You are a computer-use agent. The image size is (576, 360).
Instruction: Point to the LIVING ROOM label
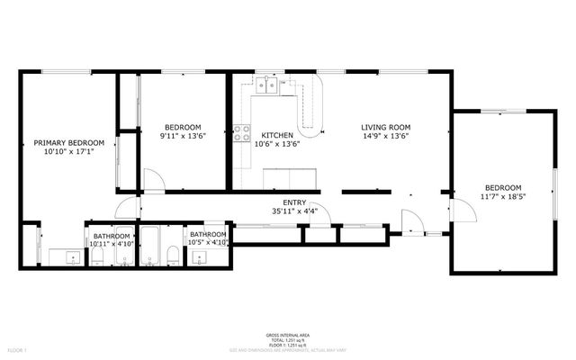click(x=386, y=128)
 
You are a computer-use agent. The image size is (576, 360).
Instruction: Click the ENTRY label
click(x=293, y=202)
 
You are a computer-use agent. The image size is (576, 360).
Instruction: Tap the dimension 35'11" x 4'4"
click(x=293, y=211)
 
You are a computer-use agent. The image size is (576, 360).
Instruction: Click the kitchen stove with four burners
click(x=241, y=134)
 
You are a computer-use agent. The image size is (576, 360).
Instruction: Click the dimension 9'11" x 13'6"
click(x=183, y=136)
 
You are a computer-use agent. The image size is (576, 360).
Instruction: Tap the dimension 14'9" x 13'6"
click(x=386, y=137)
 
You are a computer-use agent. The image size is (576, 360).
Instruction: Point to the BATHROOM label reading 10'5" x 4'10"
click(x=207, y=237)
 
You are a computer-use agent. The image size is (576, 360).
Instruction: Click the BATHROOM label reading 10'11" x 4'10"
click(x=112, y=238)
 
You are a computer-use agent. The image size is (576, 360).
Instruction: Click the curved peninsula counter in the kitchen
click(x=310, y=112)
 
